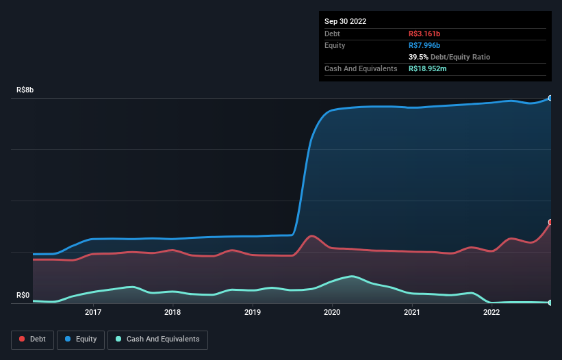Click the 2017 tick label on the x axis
click(x=93, y=313)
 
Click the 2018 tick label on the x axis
click(x=173, y=313)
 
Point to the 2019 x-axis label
click(x=253, y=313)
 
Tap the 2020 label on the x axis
click(x=332, y=313)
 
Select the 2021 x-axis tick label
click(x=411, y=313)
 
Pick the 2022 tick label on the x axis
click(x=491, y=313)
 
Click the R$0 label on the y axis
click(x=23, y=295)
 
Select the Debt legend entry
click(x=31, y=339)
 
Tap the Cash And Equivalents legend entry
click(x=157, y=339)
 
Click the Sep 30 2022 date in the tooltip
click(x=345, y=21)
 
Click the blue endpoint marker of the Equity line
click(x=550, y=98)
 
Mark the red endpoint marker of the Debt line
click(x=550, y=222)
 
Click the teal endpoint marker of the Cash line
click(x=550, y=303)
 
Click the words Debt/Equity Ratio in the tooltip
click(x=460, y=57)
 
